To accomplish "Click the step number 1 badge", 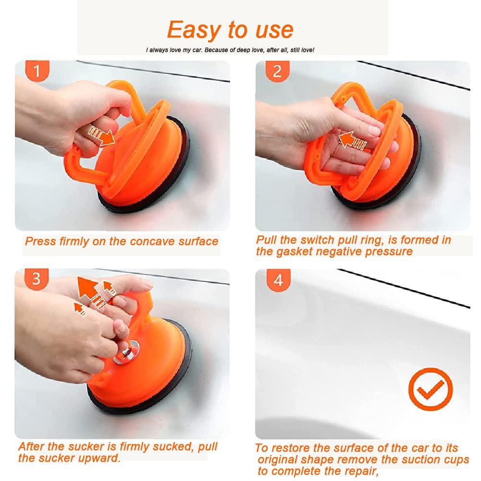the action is (x=37, y=71).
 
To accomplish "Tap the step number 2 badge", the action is (x=277, y=71).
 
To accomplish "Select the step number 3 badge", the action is (x=36, y=279).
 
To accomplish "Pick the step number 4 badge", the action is (x=278, y=280).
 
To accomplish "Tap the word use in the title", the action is (x=274, y=31).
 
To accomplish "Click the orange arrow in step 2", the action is (x=352, y=140).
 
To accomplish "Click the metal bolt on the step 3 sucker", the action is (x=126, y=353).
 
